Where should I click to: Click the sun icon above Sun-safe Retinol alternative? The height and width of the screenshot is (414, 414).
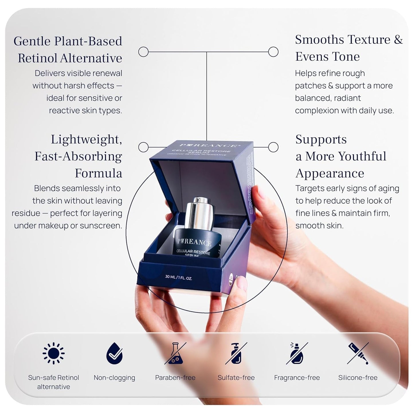(54, 353)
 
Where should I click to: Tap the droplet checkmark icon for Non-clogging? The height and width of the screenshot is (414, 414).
(114, 353)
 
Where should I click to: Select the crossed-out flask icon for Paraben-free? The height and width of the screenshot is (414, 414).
(175, 353)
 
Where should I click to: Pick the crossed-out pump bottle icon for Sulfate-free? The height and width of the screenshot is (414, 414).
(236, 353)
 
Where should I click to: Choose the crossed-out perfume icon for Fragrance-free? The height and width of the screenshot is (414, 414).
(297, 353)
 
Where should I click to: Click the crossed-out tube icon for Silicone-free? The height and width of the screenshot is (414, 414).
(358, 353)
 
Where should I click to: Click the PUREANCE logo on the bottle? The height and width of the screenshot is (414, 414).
(194, 242)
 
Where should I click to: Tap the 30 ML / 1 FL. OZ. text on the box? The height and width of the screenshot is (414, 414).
(178, 277)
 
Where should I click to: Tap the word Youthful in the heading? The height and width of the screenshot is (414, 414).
(360, 156)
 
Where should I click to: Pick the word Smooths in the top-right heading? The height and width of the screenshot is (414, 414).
(316, 40)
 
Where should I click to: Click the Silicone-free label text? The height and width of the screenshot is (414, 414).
(358, 378)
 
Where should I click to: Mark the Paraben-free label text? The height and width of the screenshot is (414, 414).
(175, 378)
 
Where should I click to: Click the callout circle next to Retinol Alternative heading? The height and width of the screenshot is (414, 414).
(143, 52)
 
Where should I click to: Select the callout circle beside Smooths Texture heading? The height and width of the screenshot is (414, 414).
(273, 52)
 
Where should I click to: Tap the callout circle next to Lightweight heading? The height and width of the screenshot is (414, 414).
(143, 147)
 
